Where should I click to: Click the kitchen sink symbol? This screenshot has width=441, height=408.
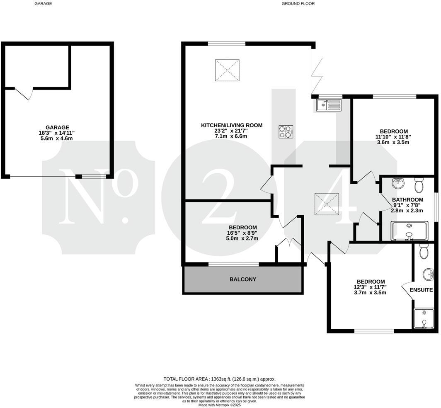[328, 105]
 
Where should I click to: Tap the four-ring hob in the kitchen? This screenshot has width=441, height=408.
[286, 132]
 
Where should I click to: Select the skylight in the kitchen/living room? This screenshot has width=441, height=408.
[227, 70]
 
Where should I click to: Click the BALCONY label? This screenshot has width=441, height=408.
[242, 279]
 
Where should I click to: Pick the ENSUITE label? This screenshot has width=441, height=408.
[422, 290]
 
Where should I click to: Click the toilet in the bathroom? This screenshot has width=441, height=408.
[418, 185]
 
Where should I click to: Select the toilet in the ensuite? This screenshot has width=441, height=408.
[423, 251]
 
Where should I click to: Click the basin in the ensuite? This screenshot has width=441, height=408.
[428, 274]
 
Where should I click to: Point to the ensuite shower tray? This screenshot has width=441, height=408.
[423, 318]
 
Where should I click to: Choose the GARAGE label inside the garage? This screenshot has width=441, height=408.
[58, 127]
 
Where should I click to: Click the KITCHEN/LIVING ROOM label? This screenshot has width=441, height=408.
[232, 125]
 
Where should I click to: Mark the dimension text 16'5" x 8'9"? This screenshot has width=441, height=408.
[242, 233]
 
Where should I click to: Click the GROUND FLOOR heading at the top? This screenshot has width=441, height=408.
[298, 4]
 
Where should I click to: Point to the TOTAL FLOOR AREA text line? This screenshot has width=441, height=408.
[219, 379]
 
